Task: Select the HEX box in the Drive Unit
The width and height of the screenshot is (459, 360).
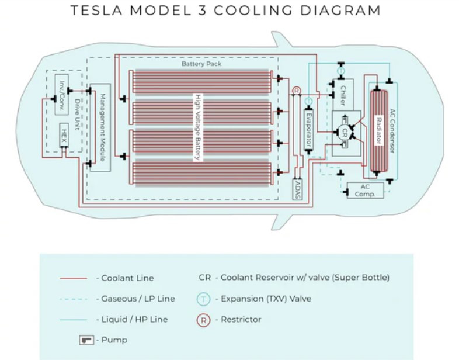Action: [64, 136]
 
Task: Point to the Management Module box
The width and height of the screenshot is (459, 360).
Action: [100, 127]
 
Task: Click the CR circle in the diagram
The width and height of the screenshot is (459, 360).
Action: [345, 131]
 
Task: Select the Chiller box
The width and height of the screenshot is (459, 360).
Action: [343, 95]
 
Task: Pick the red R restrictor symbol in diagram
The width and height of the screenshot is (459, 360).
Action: [296, 91]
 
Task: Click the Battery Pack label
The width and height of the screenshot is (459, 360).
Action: [201, 64]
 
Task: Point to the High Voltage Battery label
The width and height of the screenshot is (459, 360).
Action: [199, 127]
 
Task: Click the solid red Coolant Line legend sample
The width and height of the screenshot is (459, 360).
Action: [73, 278]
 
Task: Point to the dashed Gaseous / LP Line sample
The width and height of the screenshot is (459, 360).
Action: [73, 299]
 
